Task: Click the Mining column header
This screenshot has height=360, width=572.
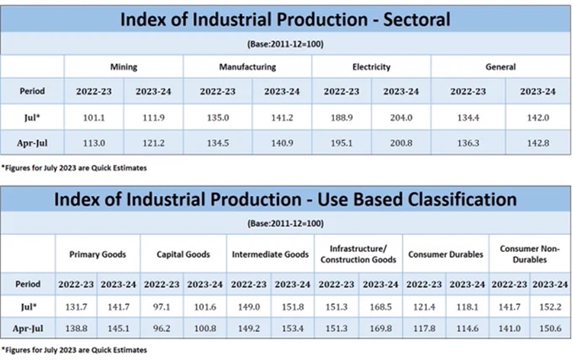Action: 124,67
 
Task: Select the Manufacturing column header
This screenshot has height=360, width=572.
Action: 248,67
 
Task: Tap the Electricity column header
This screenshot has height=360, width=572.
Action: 371,67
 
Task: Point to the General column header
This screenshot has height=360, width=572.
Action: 500,67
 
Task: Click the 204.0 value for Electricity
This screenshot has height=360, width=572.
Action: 401,117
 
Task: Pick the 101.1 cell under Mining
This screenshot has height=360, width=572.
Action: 94,117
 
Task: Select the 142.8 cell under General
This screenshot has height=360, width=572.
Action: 537,141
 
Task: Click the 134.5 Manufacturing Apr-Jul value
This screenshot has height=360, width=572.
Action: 215,141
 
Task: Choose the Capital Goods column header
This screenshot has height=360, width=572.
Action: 184,255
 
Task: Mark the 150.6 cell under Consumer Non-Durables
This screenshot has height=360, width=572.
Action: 551,328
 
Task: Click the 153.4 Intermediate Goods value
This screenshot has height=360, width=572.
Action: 293,328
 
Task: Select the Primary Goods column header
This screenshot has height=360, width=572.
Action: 98,255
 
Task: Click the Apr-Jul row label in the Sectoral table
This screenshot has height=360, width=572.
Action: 32,141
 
